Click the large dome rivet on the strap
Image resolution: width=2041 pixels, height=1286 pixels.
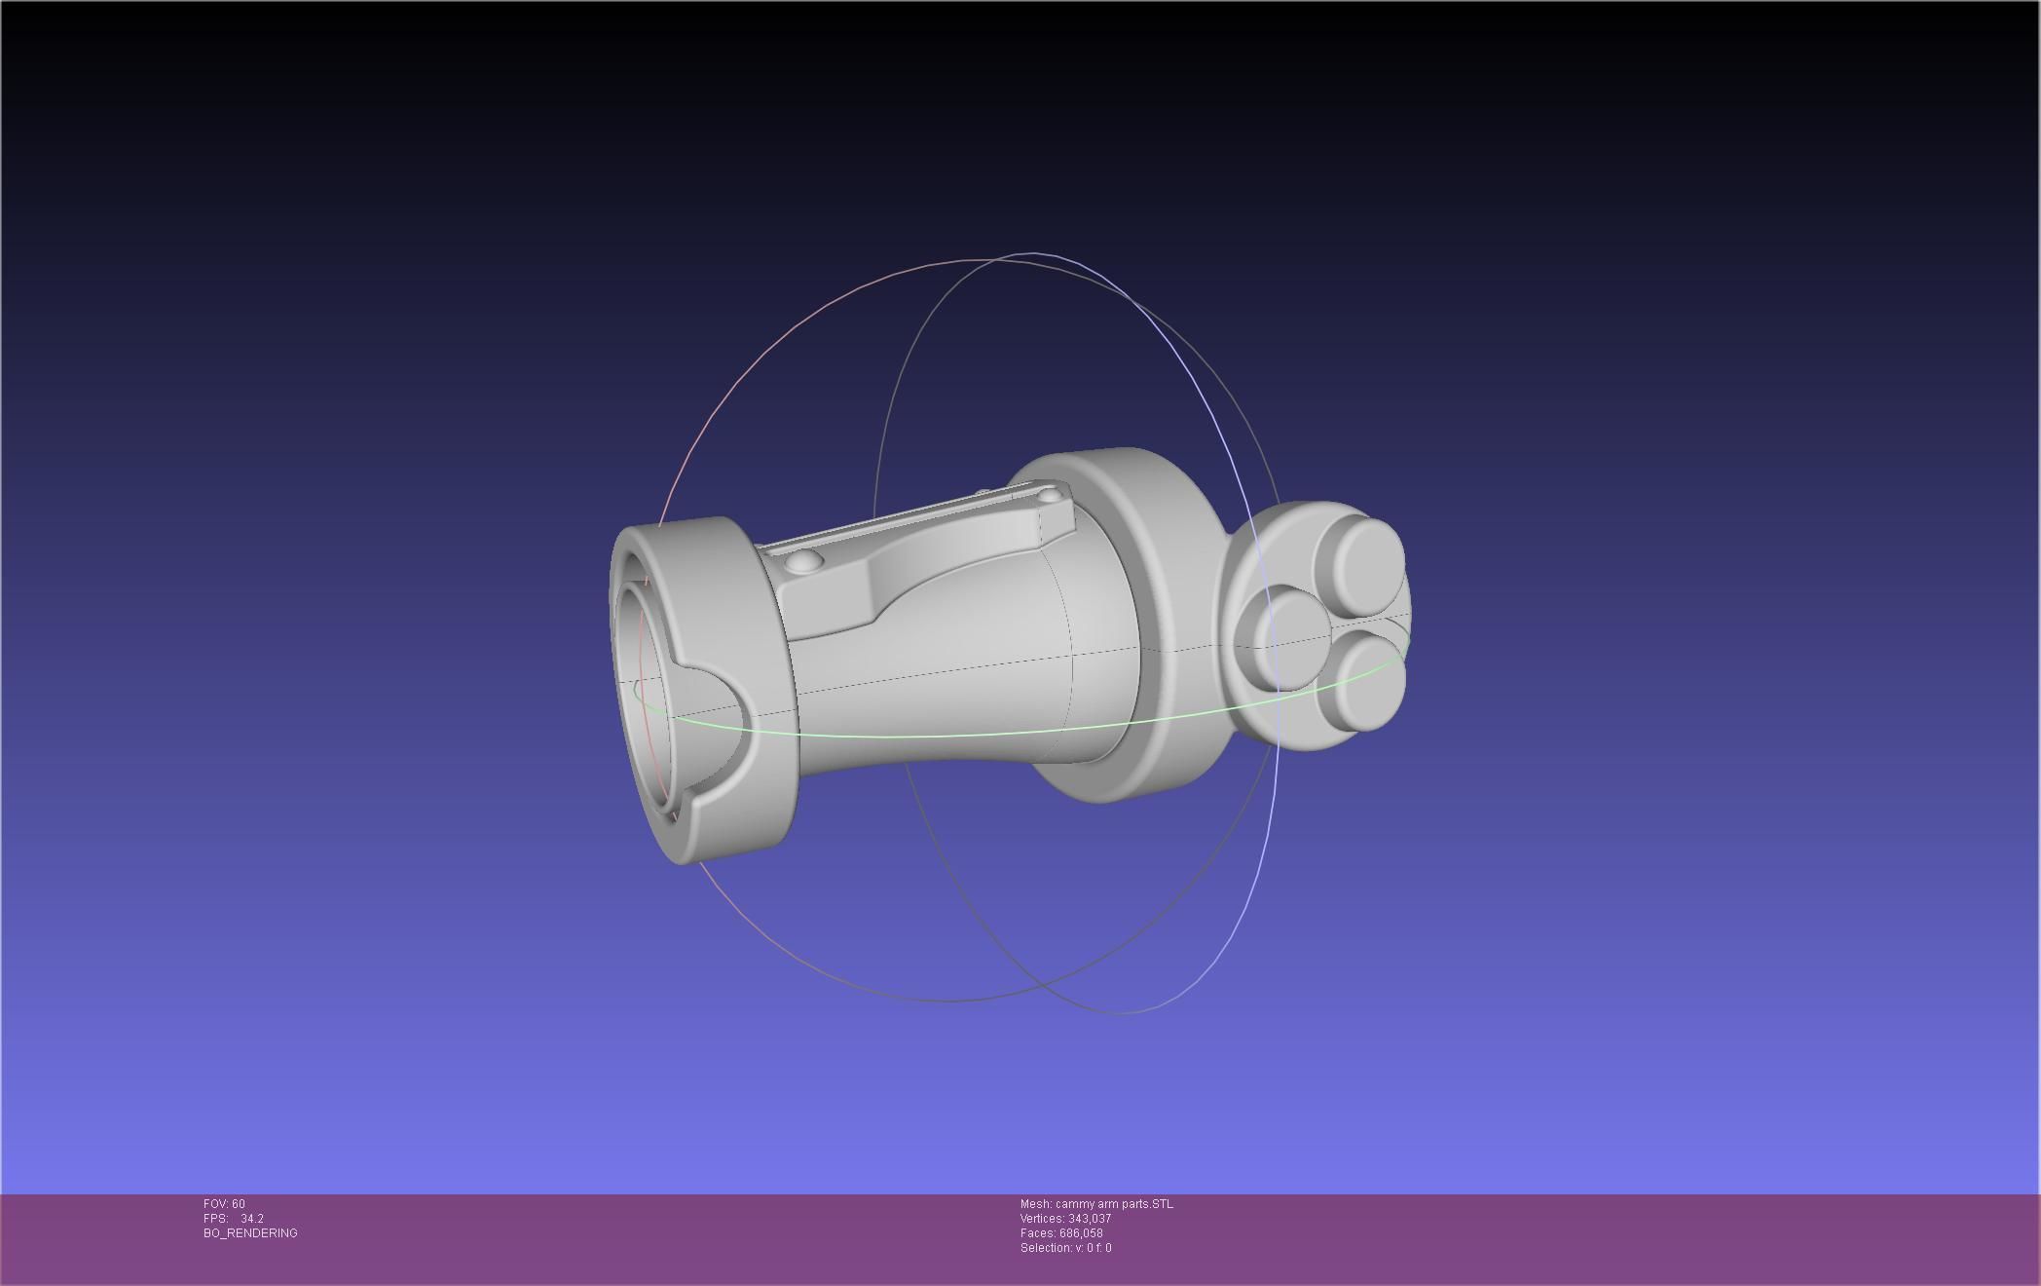803,561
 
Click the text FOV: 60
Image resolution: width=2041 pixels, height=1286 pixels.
224,1204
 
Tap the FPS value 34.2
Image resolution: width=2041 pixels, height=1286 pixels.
252,1219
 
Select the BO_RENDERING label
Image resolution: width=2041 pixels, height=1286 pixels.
250,1233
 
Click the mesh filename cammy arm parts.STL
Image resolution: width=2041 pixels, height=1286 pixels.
1114,1204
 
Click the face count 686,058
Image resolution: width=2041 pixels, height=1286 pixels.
1081,1233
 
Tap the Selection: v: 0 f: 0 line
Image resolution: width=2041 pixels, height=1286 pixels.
1065,1248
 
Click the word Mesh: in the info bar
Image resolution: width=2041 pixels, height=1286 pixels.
1035,1204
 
